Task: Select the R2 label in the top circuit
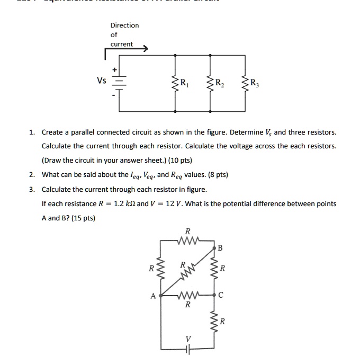[x=219, y=83]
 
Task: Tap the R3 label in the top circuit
[x=254, y=82]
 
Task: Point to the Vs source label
[x=101, y=81]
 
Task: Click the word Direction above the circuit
[x=124, y=25]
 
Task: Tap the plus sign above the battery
[x=112, y=69]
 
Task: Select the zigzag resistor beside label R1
[x=174, y=83]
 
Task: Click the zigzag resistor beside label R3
[x=245, y=83]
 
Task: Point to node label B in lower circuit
[x=220, y=248]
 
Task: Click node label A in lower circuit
[x=153, y=296]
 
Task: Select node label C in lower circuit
[x=221, y=296]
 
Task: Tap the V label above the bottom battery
[x=187, y=338]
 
